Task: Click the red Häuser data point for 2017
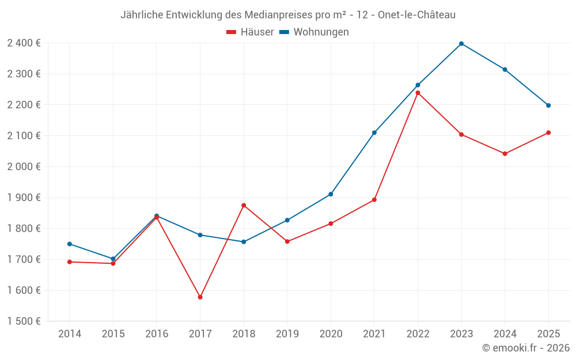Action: click(x=200, y=297)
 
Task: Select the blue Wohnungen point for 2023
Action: click(x=461, y=44)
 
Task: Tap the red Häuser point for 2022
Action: click(x=418, y=93)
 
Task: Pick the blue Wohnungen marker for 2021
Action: click(x=374, y=132)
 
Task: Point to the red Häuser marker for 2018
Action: click(x=244, y=205)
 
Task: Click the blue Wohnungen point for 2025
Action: click(x=548, y=105)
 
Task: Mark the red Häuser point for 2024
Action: click(x=505, y=154)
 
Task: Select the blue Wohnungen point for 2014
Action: click(x=70, y=244)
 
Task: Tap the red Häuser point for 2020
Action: click(x=331, y=223)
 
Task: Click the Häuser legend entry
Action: click(x=250, y=32)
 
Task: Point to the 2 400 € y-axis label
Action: click(x=24, y=43)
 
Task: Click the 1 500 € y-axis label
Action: click(x=24, y=321)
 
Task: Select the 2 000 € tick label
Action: click(x=24, y=167)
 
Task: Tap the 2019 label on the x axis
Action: click(x=287, y=334)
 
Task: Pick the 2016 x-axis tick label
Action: click(x=157, y=334)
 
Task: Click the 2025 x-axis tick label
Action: click(x=548, y=334)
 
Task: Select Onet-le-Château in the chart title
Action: click(x=416, y=15)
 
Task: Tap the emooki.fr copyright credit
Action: click(x=525, y=348)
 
